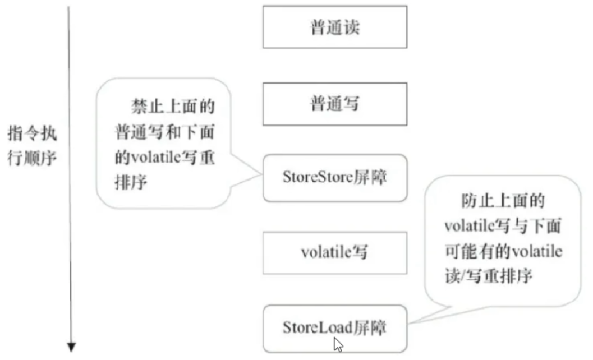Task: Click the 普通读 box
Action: [x=335, y=27]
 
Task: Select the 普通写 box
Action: [x=335, y=104]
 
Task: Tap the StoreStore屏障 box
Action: [x=335, y=178]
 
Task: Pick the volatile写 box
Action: [x=335, y=252]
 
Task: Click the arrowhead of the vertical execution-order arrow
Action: [x=71, y=347]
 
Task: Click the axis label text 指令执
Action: [x=32, y=135]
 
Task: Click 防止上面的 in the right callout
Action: [x=504, y=201]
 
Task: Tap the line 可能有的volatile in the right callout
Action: [x=504, y=252]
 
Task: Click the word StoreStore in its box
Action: [x=318, y=178]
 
